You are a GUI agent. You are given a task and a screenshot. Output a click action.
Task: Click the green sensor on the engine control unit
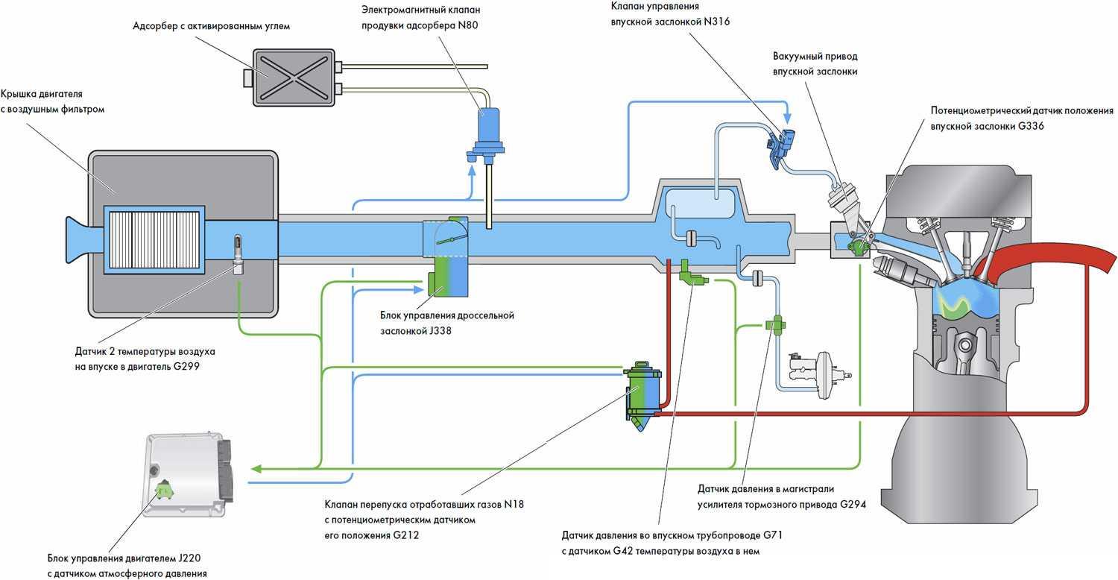click(x=163, y=491)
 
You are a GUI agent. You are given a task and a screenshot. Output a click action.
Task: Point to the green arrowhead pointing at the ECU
click(x=256, y=468)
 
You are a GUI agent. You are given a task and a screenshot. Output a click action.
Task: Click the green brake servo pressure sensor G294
click(x=776, y=325)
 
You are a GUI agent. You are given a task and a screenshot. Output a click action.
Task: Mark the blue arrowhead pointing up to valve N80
click(x=472, y=171)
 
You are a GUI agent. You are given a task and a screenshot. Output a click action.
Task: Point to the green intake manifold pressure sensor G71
click(x=691, y=278)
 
